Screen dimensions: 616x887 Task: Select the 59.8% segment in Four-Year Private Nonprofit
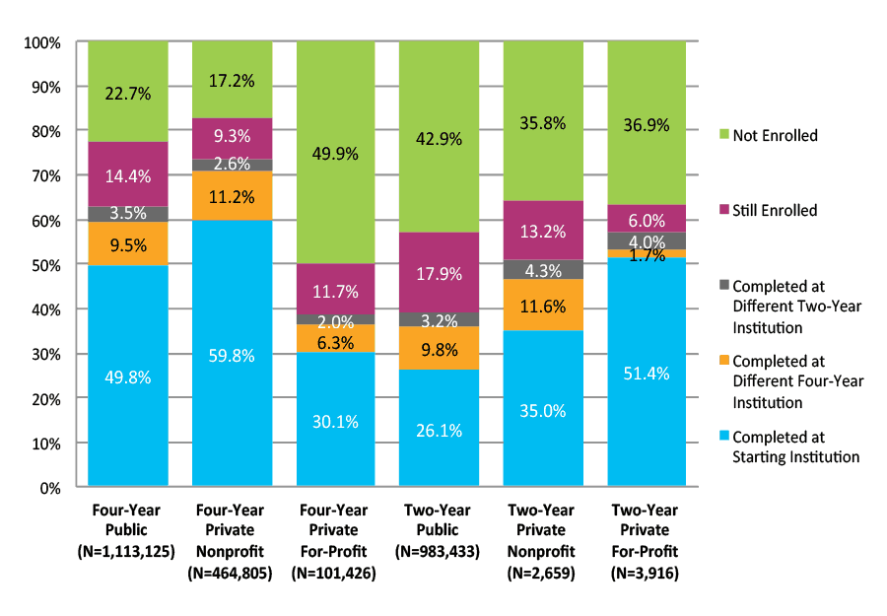pyautogui.click(x=232, y=353)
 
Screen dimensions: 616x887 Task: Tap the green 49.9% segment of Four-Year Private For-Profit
pyautogui.click(x=336, y=153)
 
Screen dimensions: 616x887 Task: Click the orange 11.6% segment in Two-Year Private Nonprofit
pyautogui.click(x=543, y=306)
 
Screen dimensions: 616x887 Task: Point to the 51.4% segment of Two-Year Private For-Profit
pyautogui.click(x=647, y=372)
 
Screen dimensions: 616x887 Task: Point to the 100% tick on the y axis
pyautogui.click(x=42, y=43)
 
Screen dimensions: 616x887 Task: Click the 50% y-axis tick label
pyautogui.click(x=45, y=265)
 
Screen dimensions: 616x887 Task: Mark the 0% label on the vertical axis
pyautogui.click(x=49, y=488)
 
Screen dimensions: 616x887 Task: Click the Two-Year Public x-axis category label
pyautogui.click(x=440, y=518)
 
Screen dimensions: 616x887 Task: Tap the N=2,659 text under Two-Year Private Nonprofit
pyautogui.click(x=543, y=572)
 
